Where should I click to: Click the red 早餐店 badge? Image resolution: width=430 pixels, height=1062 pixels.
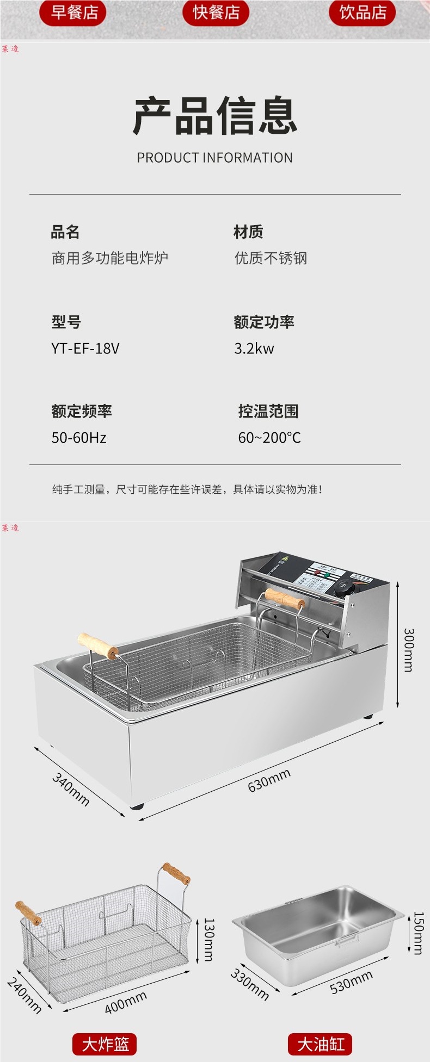click(x=72, y=12)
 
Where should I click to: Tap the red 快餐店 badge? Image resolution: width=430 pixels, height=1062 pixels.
click(x=216, y=12)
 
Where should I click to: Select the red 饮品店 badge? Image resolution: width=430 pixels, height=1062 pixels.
click(x=362, y=12)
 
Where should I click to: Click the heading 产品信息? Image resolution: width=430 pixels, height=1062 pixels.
click(x=215, y=116)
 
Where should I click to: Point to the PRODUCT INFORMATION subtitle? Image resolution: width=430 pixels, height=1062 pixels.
click(x=214, y=158)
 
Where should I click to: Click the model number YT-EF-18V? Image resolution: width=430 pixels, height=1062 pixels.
click(x=85, y=348)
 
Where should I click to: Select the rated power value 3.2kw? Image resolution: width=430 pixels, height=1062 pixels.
click(x=254, y=348)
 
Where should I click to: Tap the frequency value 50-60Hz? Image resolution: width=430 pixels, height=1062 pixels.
click(x=79, y=438)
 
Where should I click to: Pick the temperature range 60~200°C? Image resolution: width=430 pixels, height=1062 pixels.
click(x=269, y=438)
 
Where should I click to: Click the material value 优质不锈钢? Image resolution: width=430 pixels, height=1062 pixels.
click(x=271, y=258)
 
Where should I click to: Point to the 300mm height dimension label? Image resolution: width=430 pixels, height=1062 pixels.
click(x=408, y=650)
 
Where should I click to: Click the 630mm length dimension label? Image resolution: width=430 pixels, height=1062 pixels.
click(x=269, y=780)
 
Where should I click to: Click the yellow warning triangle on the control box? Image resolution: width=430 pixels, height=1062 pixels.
click(x=282, y=558)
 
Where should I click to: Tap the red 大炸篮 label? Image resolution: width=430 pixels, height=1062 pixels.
click(x=105, y=1044)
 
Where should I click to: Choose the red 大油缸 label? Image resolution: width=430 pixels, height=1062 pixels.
click(x=321, y=1044)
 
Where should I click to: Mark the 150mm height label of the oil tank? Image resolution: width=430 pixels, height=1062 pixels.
click(x=418, y=933)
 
